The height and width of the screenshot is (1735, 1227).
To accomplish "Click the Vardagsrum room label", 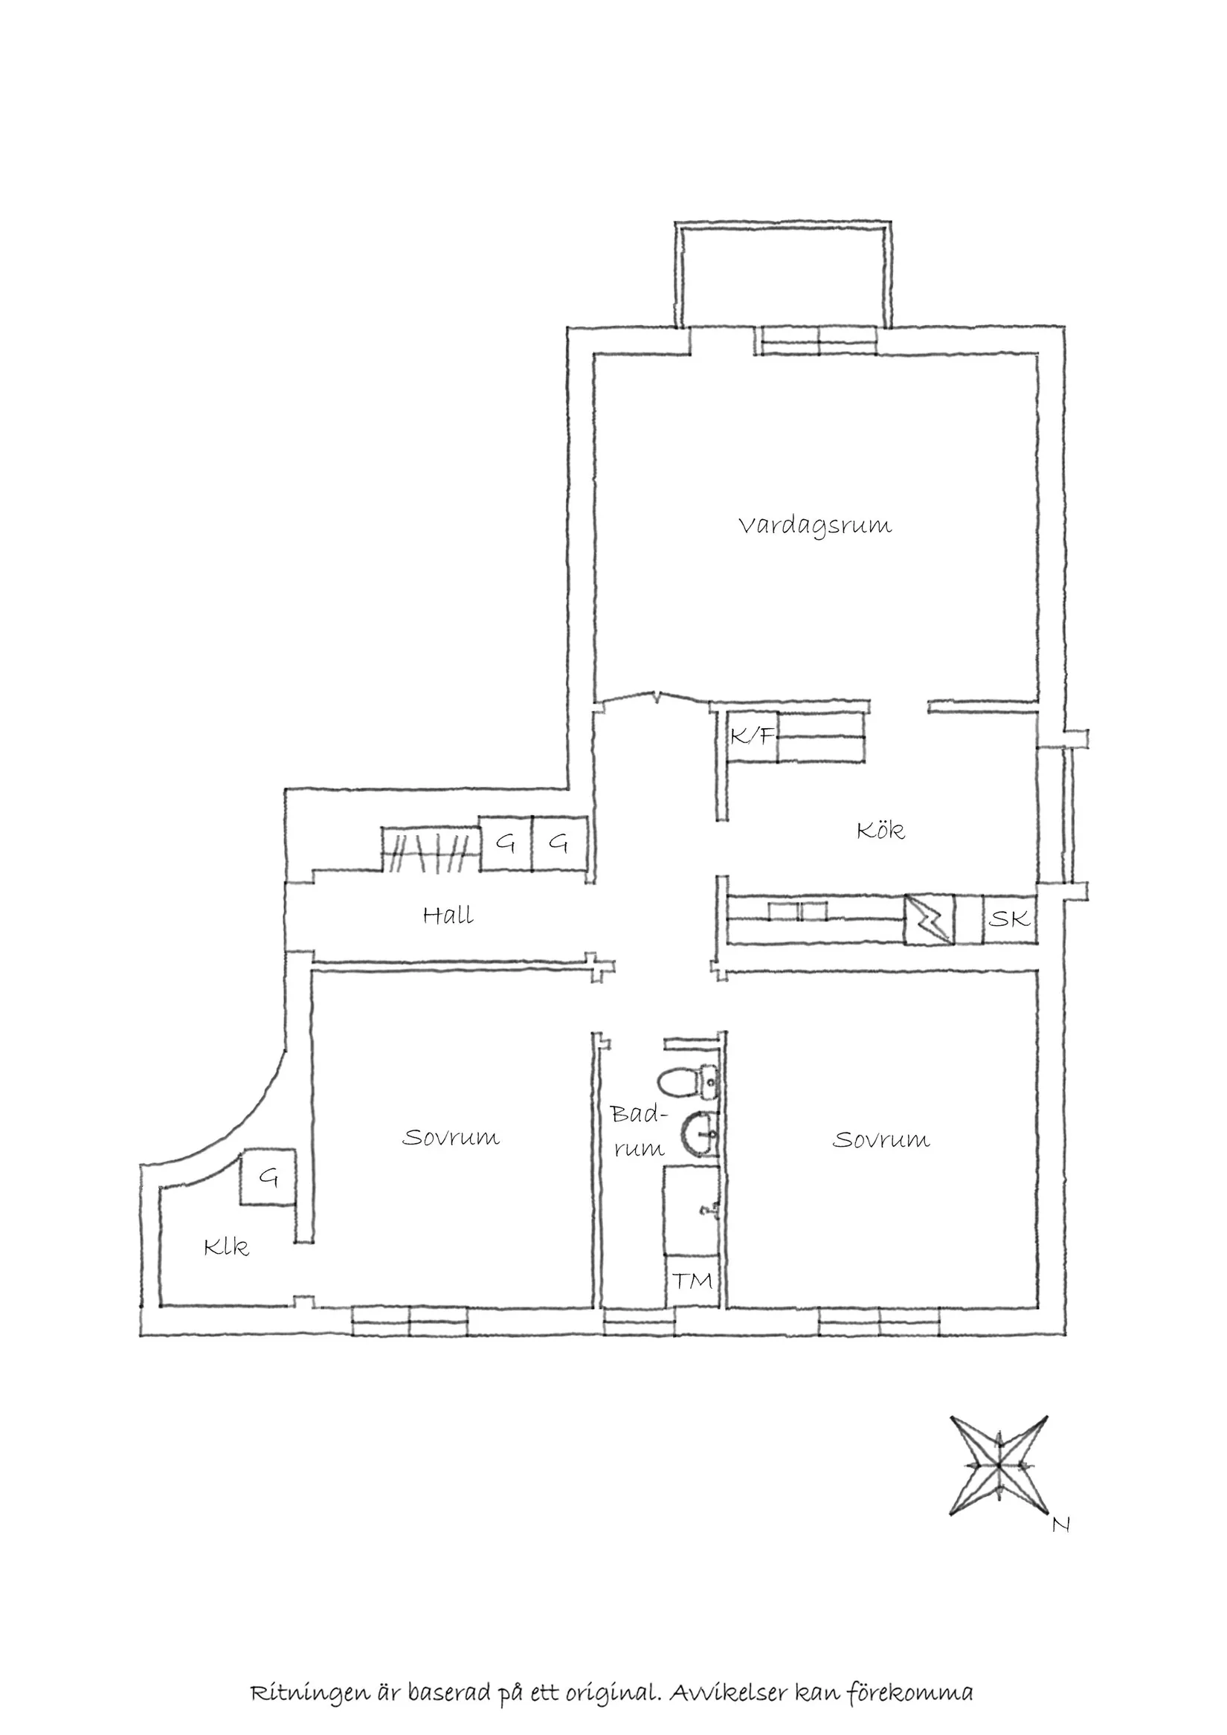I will coord(814,526).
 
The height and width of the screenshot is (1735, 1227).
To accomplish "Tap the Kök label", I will coord(880,831).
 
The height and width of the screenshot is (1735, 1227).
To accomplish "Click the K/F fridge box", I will coord(751,735).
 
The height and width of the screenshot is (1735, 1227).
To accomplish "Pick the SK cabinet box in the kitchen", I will coord(1008,919).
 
